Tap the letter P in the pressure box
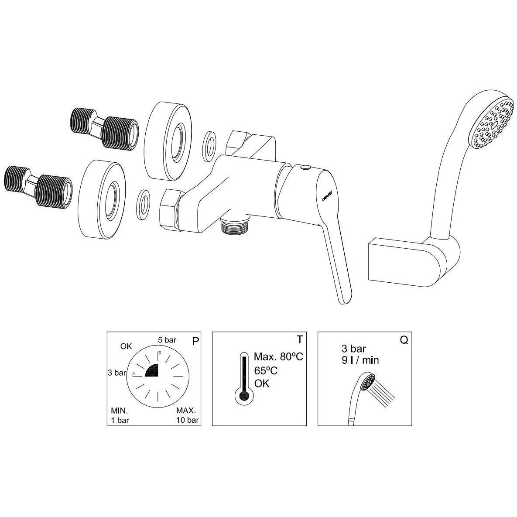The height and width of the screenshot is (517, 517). (x=195, y=341)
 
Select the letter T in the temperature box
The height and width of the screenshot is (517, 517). (x=299, y=339)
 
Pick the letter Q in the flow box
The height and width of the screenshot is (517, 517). (x=404, y=340)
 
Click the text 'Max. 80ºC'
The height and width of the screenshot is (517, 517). (x=278, y=356)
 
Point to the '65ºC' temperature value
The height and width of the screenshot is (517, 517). (x=265, y=370)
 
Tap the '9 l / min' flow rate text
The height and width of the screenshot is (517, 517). (x=360, y=360)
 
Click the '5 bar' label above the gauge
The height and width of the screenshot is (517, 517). (x=167, y=340)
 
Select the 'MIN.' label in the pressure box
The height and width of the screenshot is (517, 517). (x=120, y=411)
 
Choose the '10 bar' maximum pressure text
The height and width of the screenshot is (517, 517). (x=188, y=420)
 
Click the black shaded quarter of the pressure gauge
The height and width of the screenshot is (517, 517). (x=153, y=370)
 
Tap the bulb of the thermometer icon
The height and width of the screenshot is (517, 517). (x=244, y=396)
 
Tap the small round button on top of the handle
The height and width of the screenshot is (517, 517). (x=305, y=168)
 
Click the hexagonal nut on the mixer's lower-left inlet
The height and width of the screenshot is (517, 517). (x=170, y=209)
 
